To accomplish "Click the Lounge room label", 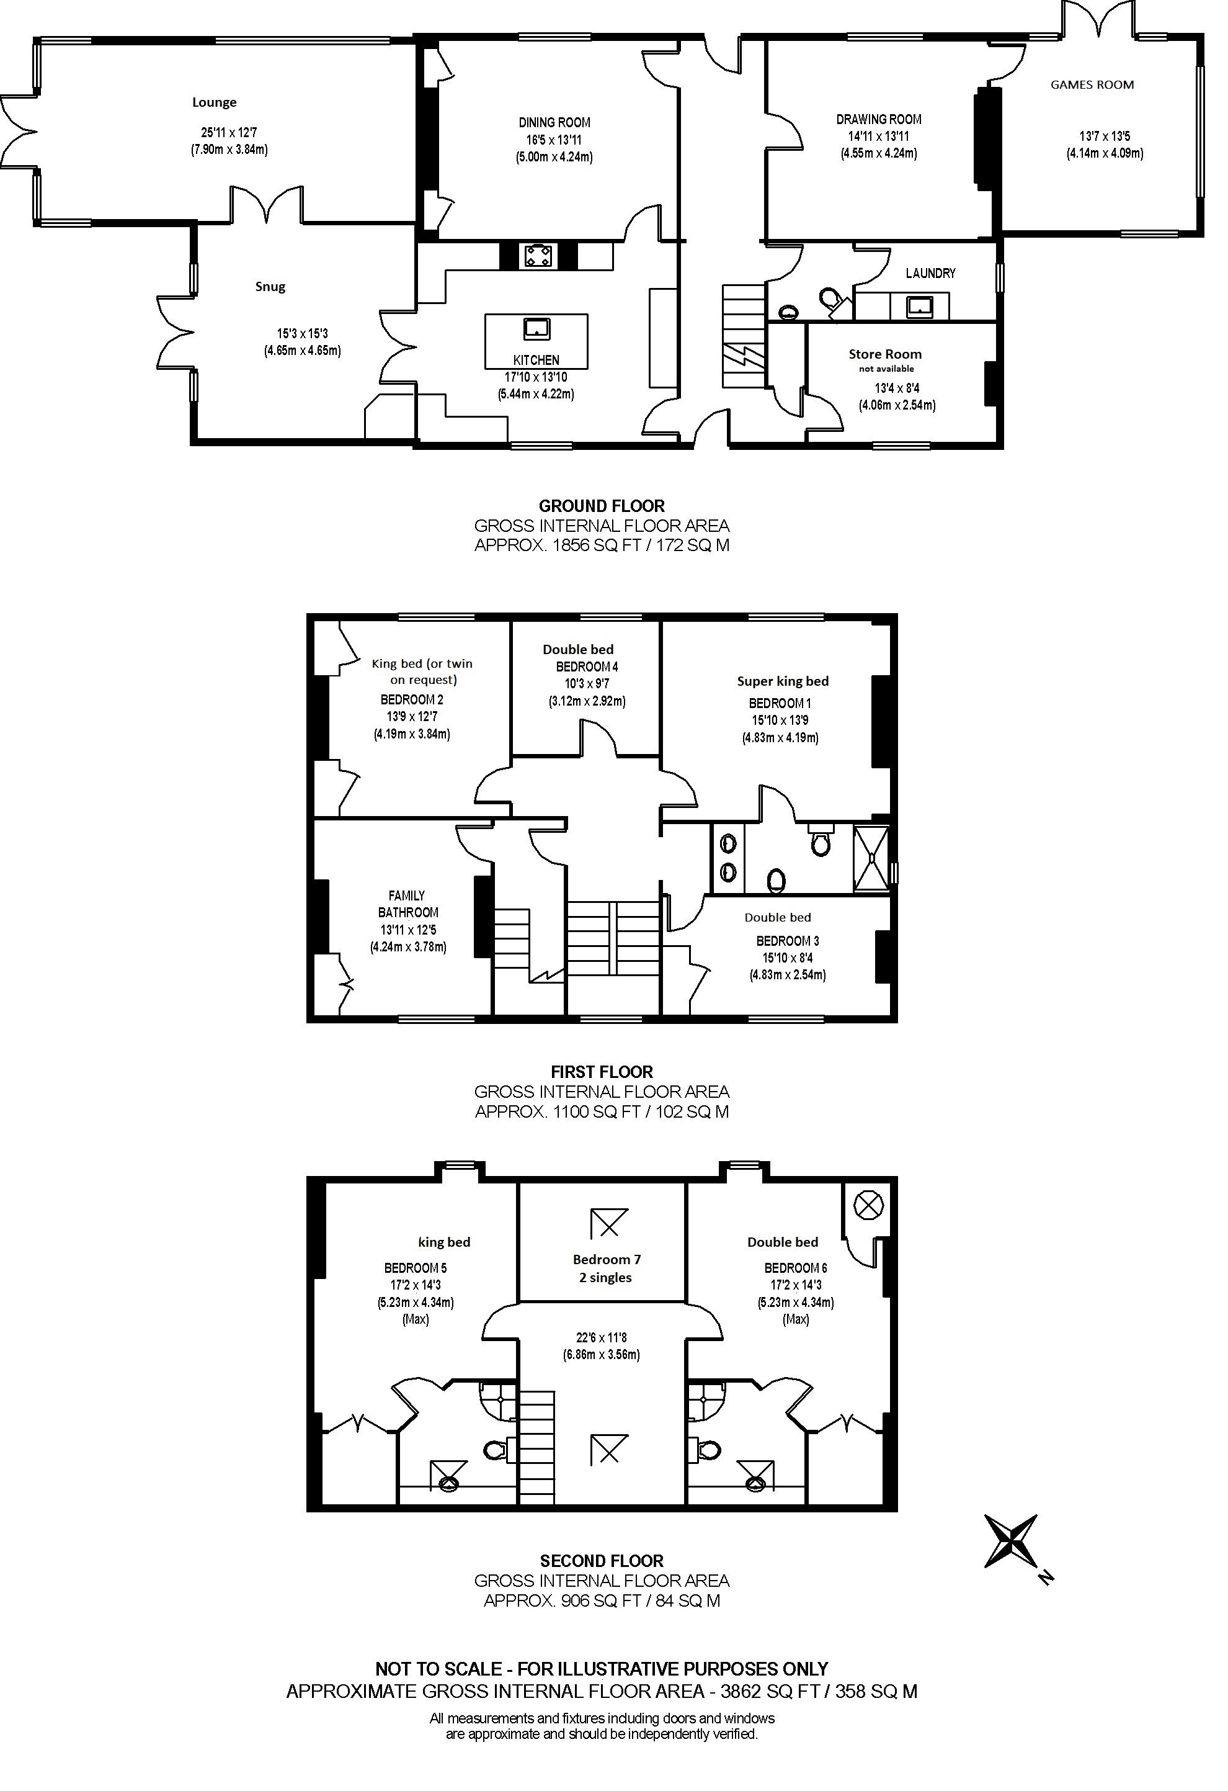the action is pyautogui.click(x=214, y=102).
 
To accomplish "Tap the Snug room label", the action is pyautogui.click(x=270, y=287).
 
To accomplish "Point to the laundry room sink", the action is pyautogui.click(x=920, y=307).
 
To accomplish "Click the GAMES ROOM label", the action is pyautogui.click(x=1092, y=85).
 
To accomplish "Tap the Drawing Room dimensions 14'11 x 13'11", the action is pyautogui.click(x=878, y=137).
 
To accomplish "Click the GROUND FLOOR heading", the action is pyautogui.click(x=602, y=506).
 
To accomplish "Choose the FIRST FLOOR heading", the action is pyautogui.click(x=602, y=1072).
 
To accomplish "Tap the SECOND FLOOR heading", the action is pyautogui.click(x=602, y=1561).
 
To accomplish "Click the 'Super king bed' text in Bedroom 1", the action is pyautogui.click(x=783, y=681).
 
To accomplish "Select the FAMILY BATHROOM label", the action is pyautogui.click(x=407, y=904).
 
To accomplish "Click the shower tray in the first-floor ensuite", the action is pyautogui.click(x=871, y=860).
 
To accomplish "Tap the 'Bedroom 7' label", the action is pyautogui.click(x=607, y=1259).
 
